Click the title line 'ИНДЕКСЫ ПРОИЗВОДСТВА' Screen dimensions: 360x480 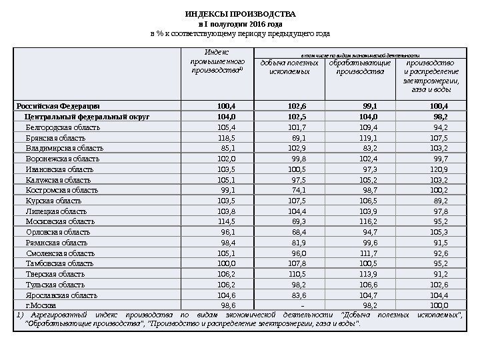click(239, 14)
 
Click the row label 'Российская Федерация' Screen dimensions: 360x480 click(59, 105)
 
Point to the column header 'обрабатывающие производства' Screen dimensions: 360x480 click(361, 67)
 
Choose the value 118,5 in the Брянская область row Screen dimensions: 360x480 click(227, 137)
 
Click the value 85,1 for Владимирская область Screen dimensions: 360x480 click(228, 148)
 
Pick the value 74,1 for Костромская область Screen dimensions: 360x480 click(299, 190)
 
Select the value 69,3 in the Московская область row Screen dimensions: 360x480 click(299, 221)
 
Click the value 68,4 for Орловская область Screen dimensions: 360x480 click(299, 232)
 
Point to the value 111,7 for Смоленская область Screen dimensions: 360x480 click(369, 253)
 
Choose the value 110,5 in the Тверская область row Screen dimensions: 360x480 click(298, 274)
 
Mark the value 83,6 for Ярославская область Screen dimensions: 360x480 click(299, 295)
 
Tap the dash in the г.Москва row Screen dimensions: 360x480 click(303, 305)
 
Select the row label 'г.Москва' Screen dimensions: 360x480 click(41, 305)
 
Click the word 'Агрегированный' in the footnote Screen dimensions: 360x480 click(55, 315)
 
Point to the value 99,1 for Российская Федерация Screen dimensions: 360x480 click(369, 105)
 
